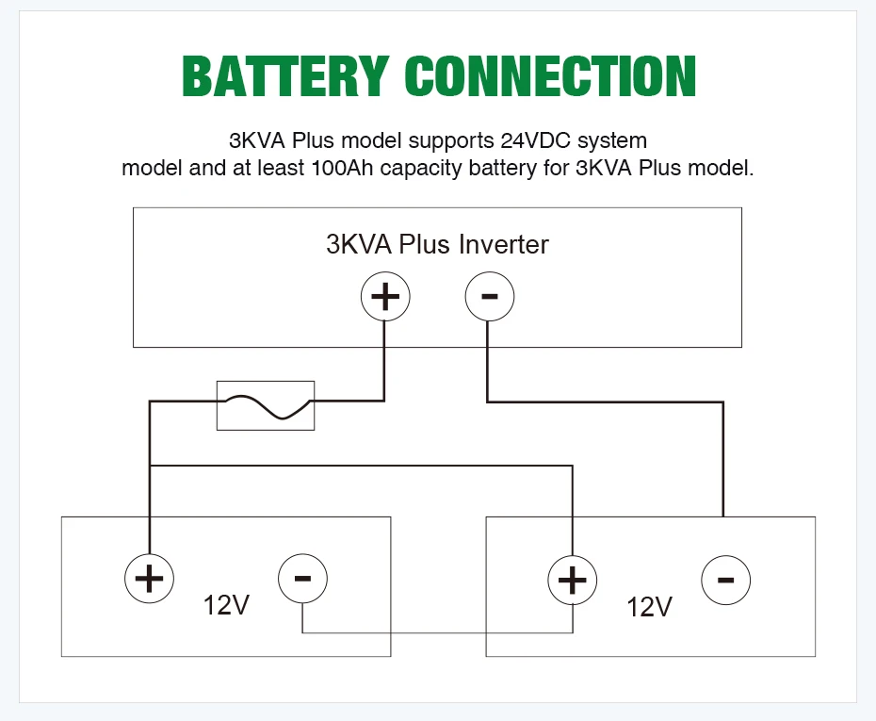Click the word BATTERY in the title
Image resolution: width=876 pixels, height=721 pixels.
coord(284,76)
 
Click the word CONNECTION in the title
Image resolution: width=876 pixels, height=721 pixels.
coord(550,76)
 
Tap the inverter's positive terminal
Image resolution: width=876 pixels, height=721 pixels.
coord(385,296)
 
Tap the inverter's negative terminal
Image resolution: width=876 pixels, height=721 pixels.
coord(490,296)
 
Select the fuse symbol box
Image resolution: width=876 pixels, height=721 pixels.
coord(266,406)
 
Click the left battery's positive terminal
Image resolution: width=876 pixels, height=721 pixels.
coord(149,578)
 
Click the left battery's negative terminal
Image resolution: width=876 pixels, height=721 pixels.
coord(302,578)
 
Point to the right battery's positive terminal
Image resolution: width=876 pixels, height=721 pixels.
coord(572,580)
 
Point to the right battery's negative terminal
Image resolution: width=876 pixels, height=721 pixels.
coord(725,580)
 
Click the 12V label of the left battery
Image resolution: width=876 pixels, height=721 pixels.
coord(226,605)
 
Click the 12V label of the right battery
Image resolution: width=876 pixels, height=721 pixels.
coord(649,606)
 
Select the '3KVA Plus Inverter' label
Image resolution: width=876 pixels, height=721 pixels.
coord(437,244)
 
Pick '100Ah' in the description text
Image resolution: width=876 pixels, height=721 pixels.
coord(342,168)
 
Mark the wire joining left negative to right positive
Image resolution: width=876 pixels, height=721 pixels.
coord(437,632)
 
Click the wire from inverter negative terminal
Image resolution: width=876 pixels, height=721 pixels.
coord(606,401)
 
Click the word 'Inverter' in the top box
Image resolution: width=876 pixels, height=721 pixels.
coord(503,244)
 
